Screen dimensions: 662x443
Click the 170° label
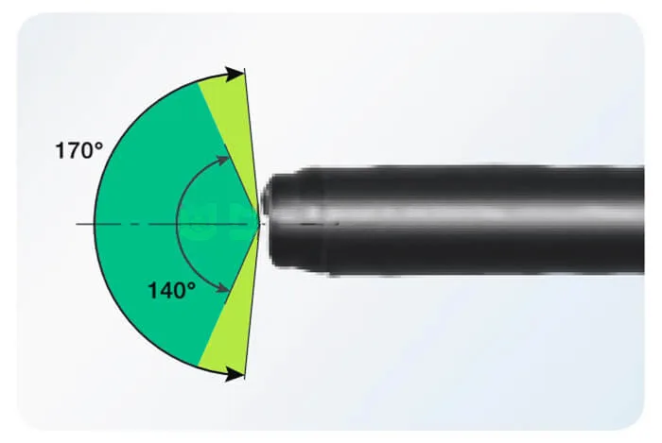[78, 151]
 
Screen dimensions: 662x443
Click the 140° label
[171, 291]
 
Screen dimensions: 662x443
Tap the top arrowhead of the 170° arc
[235, 75]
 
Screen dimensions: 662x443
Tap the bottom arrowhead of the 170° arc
[235, 374]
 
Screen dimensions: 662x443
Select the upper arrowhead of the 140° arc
[223, 161]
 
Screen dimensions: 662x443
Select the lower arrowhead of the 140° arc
[223, 288]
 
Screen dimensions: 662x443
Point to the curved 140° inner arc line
[177, 224]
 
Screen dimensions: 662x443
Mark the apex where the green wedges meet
[258, 224]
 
